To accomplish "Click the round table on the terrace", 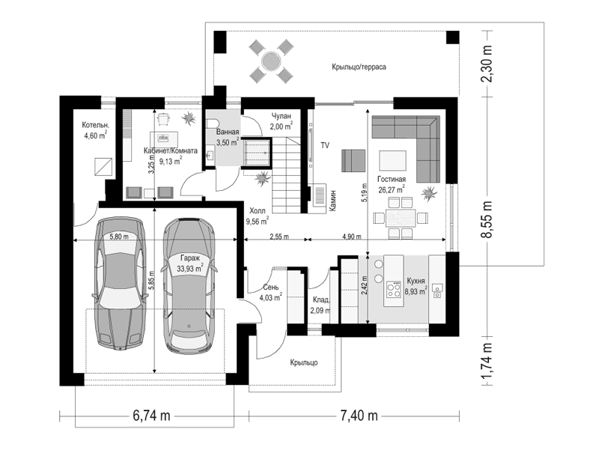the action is coord(271,61).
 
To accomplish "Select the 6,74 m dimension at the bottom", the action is coord(152,416).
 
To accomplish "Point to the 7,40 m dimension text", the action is coord(359,416).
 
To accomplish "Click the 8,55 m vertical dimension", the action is coord(487,219).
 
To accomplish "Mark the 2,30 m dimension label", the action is coord(487,64).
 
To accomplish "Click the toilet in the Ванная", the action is coord(211,124).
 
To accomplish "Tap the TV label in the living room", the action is coord(325,145).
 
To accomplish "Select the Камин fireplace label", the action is coord(333,201).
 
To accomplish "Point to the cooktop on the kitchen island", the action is coord(394,289).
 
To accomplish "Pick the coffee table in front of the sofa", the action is coord(392,161).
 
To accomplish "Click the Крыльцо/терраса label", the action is coord(359,67).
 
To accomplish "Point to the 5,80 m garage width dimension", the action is coord(119,237).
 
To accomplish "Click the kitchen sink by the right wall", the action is coord(437,291).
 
